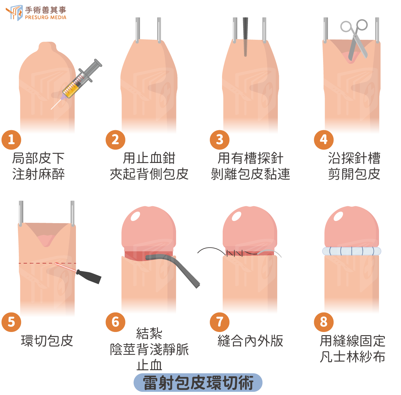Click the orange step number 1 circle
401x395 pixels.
(x=11, y=140)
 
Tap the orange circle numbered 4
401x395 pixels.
(x=323, y=140)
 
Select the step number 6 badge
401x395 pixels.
(x=115, y=322)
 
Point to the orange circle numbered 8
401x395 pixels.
(x=323, y=322)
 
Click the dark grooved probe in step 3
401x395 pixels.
(x=245, y=36)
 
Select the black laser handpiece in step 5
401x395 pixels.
(x=88, y=276)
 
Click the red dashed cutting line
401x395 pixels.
(x=48, y=263)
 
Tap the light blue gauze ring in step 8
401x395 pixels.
(x=352, y=251)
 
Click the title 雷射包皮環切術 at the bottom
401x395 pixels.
(x=198, y=383)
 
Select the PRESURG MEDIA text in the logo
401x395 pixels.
(x=46, y=18)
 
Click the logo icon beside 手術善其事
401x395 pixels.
(x=15, y=12)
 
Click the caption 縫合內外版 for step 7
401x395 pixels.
(x=250, y=341)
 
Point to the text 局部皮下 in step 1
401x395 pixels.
(x=39, y=158)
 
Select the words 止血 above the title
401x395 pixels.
(x=149, y=365)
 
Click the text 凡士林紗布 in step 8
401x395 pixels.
(x=353, y=357)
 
